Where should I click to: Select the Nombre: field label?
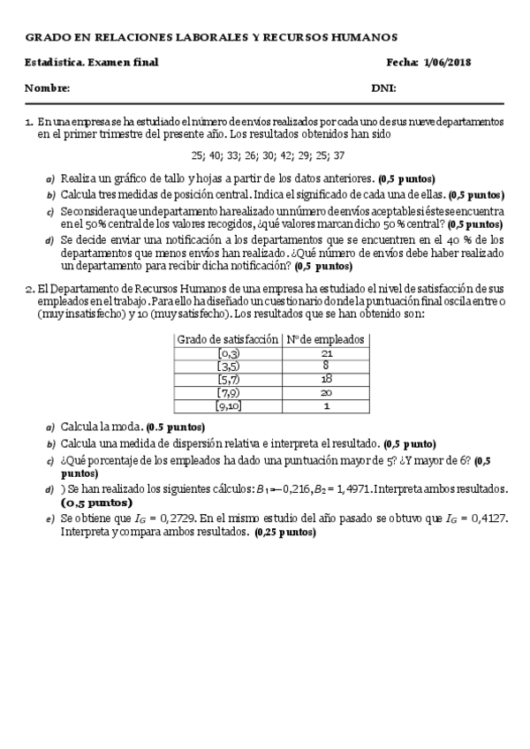pyautogui.click(x=47, y=88)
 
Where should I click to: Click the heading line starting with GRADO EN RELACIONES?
pyautogui.click(x=211, y=37)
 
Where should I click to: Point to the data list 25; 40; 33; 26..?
pyautogui.click(x=268, y=154)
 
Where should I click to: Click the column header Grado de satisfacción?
pyautogui.click(x=227, y=339)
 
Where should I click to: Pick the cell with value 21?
pyautogui.click(x=328, y=352)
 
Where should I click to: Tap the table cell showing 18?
pyautogui.click(x=328, y=379)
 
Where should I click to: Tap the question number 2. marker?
pyautogui.click(x=29, y=289)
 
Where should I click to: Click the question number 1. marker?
pyautogui.click(x=29, y=123)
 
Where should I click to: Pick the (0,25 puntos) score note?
pyautogui.click(x=285, y=533)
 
